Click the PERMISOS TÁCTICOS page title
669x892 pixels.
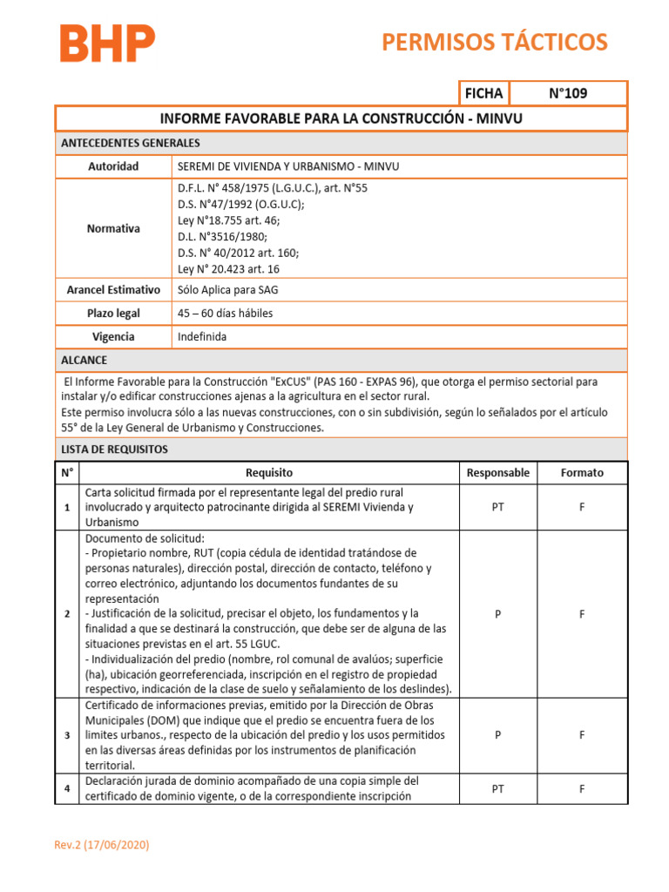(x=495, y=42)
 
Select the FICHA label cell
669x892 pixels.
(x=483, y=93)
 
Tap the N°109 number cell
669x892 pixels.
(x=567, y=93)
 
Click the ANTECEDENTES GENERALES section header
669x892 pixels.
(x=130, y=143)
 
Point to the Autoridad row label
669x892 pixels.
(x=113, y=166)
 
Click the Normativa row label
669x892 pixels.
(x=113, y=228)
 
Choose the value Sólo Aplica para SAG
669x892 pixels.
(x=228, y=289)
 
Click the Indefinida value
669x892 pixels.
(x=203, y=336)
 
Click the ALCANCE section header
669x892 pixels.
(x=84, y=360)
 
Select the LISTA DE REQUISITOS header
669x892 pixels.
(x=114, y=449)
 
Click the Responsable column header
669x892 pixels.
(x=497, y=473)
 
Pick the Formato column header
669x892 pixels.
(x=582, y=473)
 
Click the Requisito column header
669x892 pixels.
(x=269, y=473)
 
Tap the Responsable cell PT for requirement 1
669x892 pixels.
(x=497, y=507)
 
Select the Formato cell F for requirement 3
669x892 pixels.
(x=582, y=735)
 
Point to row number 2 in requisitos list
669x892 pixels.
(x=67, y=614)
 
